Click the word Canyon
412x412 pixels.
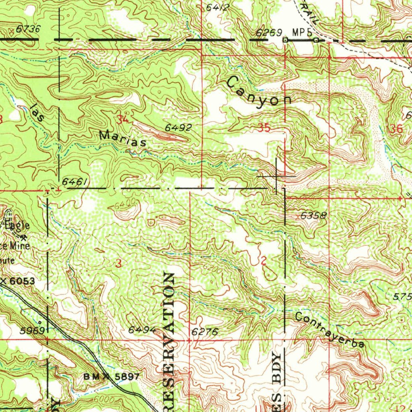coord(259,93)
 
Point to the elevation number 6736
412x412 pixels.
coord(29,29)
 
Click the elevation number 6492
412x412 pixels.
coord(178,128)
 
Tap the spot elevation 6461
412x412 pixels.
coord(73,182)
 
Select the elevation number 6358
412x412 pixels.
coord(313,216)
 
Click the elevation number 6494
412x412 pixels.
coord(142,330)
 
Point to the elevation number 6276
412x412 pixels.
coord(204,332)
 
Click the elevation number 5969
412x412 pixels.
coord(33,331)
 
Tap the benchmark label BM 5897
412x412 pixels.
coord(111,377)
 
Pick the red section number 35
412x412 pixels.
coord(264,129)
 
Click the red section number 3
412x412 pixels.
coord(118,264)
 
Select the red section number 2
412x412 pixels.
coord(263,261)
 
